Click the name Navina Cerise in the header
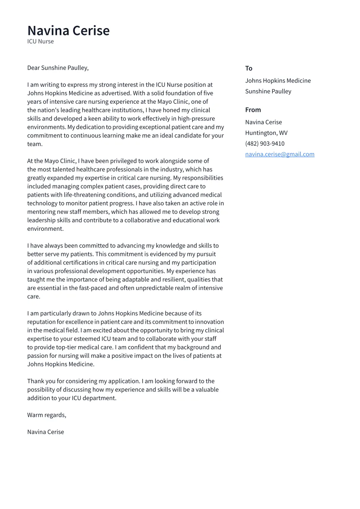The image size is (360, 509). [x=68, y=31]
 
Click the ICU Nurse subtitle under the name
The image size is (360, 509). [x=41, y=41]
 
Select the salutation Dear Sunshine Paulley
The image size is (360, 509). [x=57, y=68]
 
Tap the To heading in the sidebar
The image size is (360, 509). [x=248, y=68]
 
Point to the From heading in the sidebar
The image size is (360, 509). [x=253, y=110]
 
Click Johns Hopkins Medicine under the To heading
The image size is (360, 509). [x=278, y=81]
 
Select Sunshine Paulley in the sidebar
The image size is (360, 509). [x=268, y=92]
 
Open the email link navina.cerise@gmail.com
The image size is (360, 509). [x=280, y=154]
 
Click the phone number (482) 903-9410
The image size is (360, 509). [x=264, y=143]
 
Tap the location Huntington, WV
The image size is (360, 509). [x=266, y=133]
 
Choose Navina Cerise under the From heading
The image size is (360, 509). [x=263, y=122]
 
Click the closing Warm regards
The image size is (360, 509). [x=47, y=415]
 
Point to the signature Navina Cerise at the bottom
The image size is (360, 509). [x=45, y=432]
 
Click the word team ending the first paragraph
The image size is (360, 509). [x=35, y=144]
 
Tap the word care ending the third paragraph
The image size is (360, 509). [x=33, y=297]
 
